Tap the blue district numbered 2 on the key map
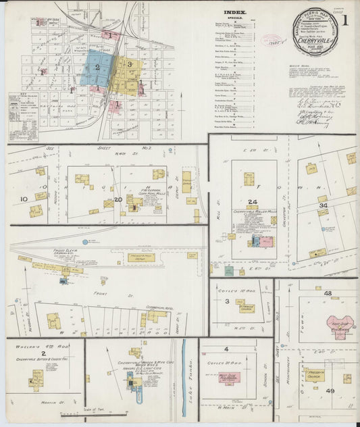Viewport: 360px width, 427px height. tap(97, 67)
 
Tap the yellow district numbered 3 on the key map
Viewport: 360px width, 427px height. tap(128, 64)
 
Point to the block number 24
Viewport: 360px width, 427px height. tap(252, 201)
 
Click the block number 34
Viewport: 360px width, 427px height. tap(324, 205)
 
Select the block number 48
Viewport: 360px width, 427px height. tap(328, 293)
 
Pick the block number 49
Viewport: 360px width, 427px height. tap(330, 391)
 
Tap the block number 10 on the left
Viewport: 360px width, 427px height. tap(24, 199)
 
